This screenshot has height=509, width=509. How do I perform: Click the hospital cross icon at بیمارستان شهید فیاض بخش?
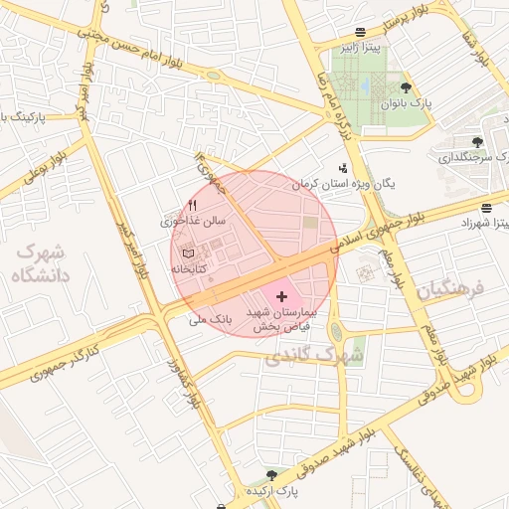point(281,296)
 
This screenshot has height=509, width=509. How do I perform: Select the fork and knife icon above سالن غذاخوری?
point(193,205)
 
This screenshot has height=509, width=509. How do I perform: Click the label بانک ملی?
point(209,320)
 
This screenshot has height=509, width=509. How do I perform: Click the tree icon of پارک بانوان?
point(406,86)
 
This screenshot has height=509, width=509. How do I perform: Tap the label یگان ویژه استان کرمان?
point(343,185)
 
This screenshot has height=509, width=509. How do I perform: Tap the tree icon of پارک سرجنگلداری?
point(478,142)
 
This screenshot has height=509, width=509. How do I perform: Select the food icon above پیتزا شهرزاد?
point(485,208)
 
